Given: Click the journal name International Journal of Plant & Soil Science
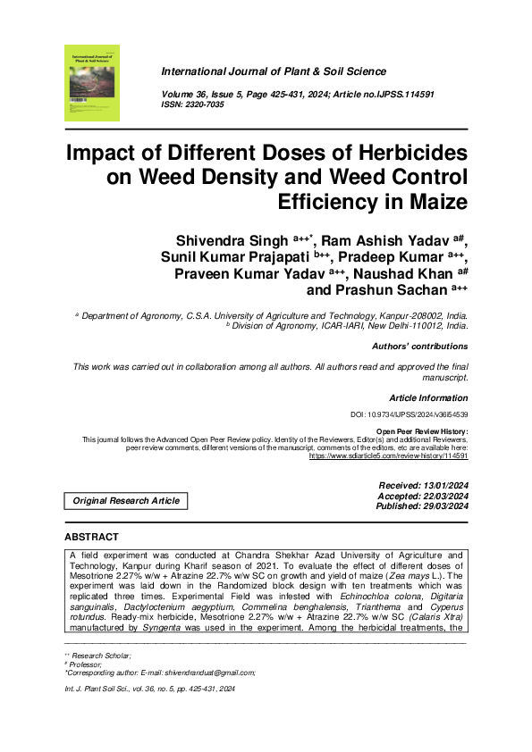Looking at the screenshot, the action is pos(274,71).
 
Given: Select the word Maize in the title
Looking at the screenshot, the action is pos(437,203).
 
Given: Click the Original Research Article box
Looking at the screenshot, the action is pos(126,501).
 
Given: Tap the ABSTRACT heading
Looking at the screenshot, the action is pos(91,537).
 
